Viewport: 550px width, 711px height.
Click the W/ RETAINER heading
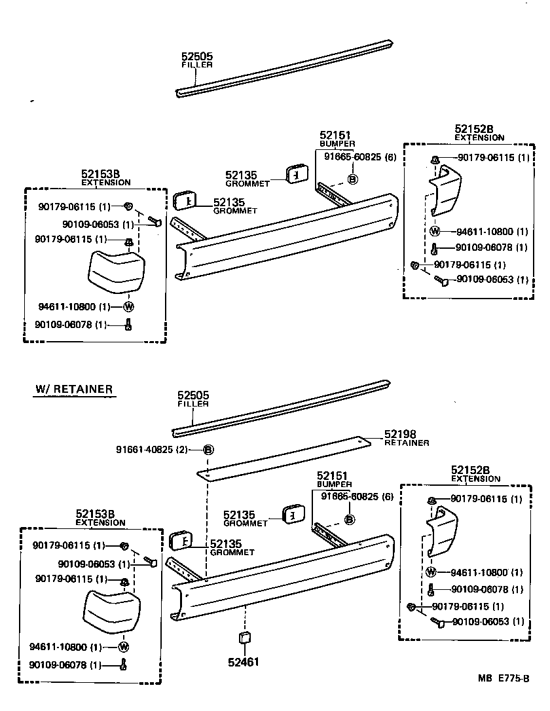pyautogui.click(x=73, y=390)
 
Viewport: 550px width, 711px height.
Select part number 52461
pyautogui.click(x=243, y=662)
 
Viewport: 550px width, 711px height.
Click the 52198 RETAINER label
pyautogui.click(x=406, y=437)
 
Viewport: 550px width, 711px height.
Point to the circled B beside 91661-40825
pyautogui.click(x=208, y=450)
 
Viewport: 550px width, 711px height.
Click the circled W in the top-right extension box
pyautogui.click(x=435, y=230)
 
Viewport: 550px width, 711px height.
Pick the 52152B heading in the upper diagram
pyautogui.click(x=479, y=130)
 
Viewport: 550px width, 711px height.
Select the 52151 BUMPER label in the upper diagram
pyautogui.click(x=337, y=137)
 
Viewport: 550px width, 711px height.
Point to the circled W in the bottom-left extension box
pyautogui.click(x=123, y=647)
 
